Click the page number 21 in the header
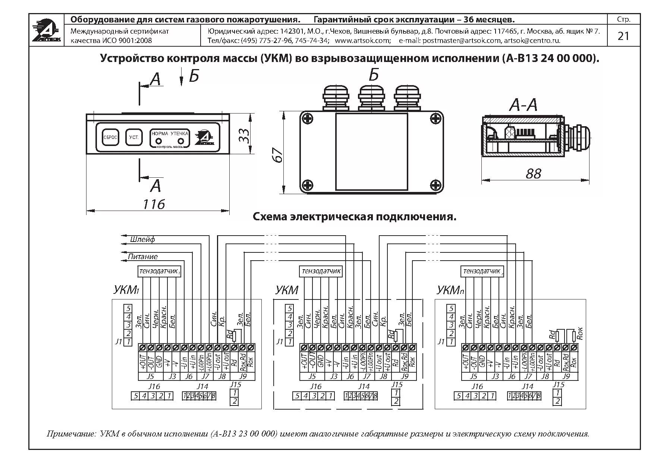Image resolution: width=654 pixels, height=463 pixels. [x=623, y=36]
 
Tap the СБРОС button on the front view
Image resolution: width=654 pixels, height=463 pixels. [x=110, y=137]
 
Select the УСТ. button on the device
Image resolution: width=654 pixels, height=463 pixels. [x=134, y=137]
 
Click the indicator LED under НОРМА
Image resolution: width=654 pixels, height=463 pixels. [x=158, y=141]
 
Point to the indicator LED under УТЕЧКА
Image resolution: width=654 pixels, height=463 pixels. [x=181, y=141]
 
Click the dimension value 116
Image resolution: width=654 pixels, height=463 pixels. [x=154, y=204]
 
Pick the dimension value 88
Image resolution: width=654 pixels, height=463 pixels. [x=533, y=174]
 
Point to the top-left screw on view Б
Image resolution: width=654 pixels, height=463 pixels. [x=308, y=119]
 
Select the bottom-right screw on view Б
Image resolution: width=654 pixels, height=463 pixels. [x=435, y=185]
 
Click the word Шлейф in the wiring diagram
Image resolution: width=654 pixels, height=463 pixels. [x=142, y=239]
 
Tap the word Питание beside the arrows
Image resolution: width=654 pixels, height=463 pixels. [x=142, y=257]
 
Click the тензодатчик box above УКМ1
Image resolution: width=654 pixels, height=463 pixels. [x=159, y=271]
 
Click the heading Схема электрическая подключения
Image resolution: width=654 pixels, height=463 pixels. [x=354, y=217]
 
